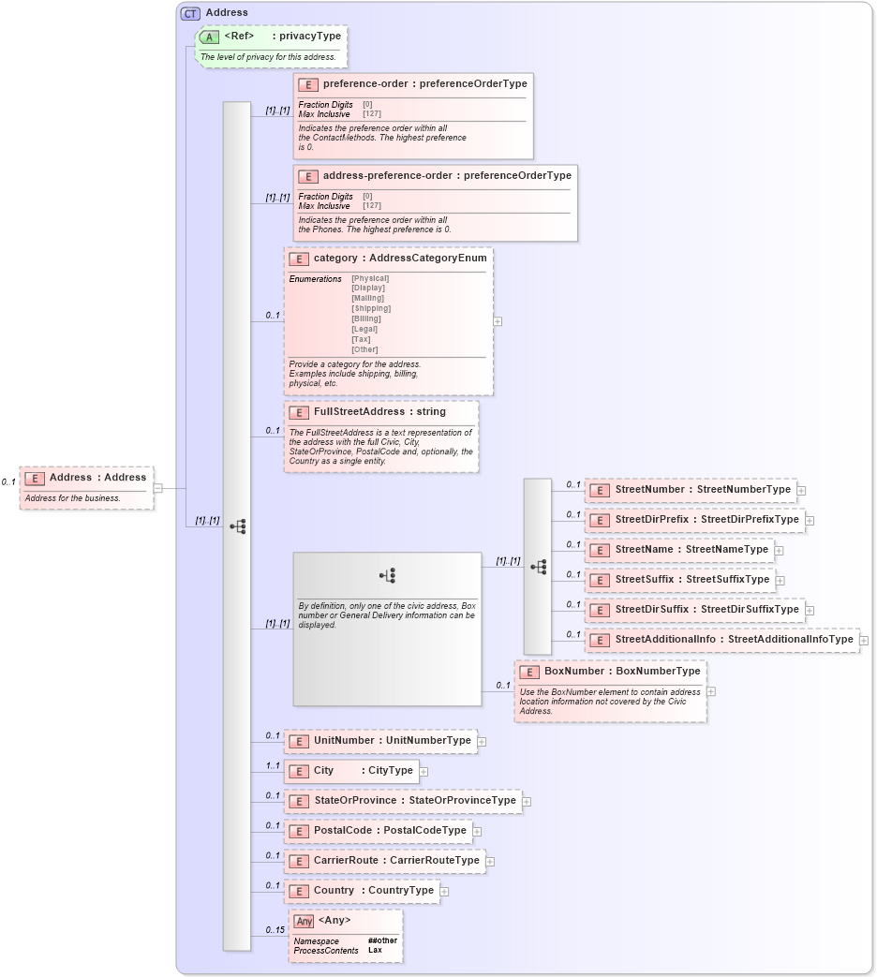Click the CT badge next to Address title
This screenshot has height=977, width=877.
tap(190, 13)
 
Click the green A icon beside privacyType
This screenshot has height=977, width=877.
tap(210, 37)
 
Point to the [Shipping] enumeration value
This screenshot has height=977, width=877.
tap(371, 308)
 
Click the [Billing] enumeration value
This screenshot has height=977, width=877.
tap(367, 318)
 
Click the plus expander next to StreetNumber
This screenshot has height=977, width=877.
tap(802, 490)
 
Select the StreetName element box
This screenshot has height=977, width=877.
tap(679, 550)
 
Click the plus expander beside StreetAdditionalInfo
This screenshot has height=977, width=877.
tap(864, 641)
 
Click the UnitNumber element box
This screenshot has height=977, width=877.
tap(380, 741)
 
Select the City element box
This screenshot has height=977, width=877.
tap(350, 771)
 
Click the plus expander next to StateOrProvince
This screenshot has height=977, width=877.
tap(527, 802)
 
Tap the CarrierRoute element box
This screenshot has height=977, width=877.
tap(385, 861)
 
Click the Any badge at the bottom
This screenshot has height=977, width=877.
tap(304, 921)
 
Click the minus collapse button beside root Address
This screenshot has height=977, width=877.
tap(158, 487)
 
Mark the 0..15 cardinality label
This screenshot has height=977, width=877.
tap(275, 930)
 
